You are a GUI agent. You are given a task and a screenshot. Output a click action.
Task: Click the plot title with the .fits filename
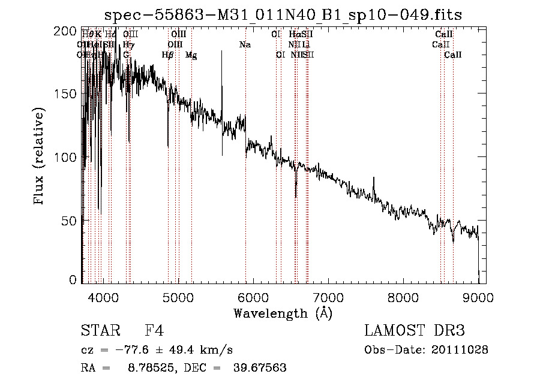tap(283, 14)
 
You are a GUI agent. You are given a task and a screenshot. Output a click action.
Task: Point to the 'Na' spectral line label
tap(245, 45)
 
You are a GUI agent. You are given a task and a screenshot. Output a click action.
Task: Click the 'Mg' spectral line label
tap(191, 55)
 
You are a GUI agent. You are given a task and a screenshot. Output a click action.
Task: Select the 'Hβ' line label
tap(167, 55)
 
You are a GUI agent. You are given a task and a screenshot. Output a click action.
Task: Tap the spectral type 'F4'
tap(155, 331)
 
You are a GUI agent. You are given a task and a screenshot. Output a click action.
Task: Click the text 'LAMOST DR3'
tap(414, 331)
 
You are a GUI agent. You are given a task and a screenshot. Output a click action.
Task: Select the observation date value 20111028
tap(461, 349)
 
